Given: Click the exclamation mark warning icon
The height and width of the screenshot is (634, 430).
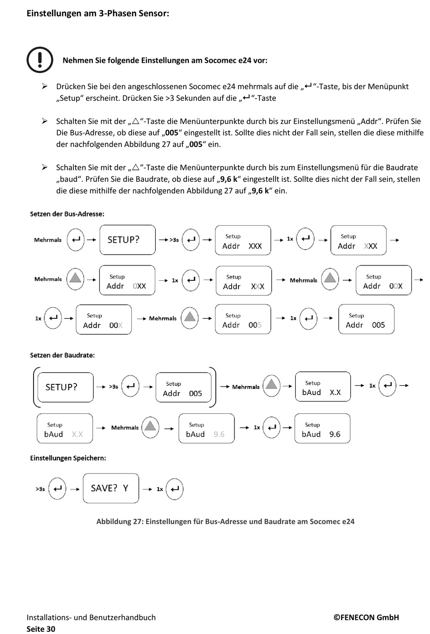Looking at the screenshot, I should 40,60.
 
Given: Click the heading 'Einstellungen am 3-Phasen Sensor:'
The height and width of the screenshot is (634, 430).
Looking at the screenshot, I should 98,14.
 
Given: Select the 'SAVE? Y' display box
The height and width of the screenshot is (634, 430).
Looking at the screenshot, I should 111,488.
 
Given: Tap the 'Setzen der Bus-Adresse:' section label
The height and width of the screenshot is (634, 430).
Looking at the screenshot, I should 67,214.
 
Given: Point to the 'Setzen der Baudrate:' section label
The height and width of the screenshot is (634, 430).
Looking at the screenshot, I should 62,355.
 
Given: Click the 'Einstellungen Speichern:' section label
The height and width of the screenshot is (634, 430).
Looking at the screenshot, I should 68,458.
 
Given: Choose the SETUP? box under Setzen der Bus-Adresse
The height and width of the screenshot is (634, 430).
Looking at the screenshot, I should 127,240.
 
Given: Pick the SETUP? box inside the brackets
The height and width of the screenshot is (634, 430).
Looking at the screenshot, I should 65,387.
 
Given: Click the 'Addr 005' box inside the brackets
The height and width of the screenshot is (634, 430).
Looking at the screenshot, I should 183,388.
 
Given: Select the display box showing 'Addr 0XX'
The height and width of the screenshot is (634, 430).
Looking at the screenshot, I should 127,281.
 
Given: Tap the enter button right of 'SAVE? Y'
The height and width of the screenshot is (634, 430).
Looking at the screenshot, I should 175,489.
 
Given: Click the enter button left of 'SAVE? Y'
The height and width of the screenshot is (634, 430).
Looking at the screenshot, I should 57,489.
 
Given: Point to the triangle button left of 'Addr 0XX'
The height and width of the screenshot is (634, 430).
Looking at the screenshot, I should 75,279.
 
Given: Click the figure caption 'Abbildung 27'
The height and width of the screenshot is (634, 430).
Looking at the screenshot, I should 225,521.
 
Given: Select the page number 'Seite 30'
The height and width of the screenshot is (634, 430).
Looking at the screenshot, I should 41,629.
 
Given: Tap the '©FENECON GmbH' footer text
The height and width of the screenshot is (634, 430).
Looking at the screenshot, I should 366,617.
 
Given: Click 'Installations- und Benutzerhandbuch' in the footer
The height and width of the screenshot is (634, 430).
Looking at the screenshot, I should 91,617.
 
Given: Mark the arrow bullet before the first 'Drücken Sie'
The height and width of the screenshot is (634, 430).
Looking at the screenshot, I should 45,86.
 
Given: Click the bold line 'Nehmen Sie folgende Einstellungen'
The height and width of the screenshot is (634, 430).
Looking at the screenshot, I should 165,60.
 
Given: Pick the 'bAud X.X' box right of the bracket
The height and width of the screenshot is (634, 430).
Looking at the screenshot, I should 323,387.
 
